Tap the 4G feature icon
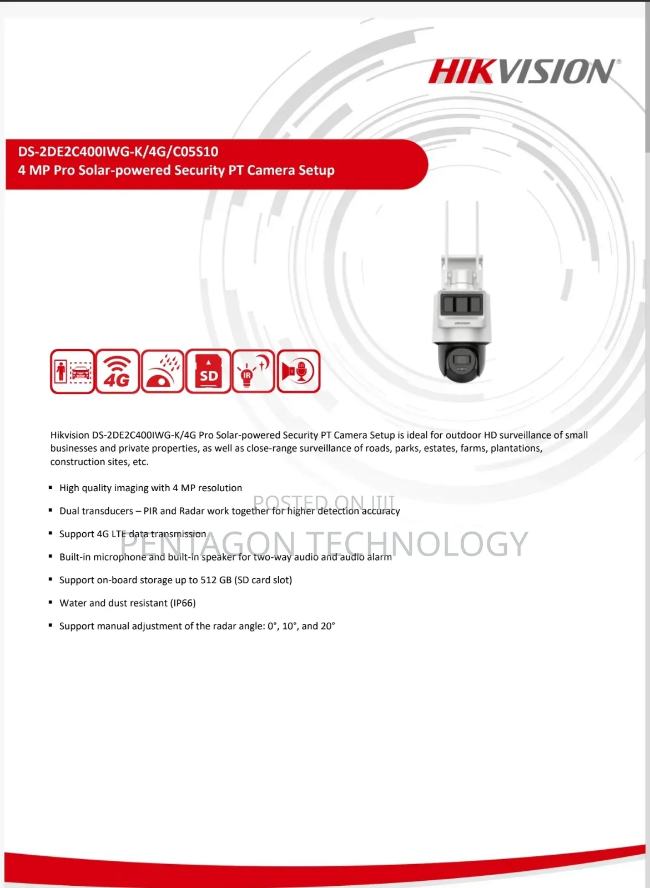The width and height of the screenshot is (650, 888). tap(117, 371)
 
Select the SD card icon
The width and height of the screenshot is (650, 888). tap(208, 371)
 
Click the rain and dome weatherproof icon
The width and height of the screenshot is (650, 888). tap(163, 371)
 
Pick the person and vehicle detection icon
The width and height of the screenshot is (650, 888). tap(72, 371)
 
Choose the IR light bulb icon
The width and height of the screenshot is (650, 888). tap(253, 371)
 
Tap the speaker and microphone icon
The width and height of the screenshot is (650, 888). tap(299, 371)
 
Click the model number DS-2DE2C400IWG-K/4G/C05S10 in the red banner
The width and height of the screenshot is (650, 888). tap(118, 152)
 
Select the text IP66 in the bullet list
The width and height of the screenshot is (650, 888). tap(183, 603)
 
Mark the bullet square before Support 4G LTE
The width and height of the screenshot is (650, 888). tap(51, 533)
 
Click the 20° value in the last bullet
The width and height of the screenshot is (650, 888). tap(327, 626)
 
